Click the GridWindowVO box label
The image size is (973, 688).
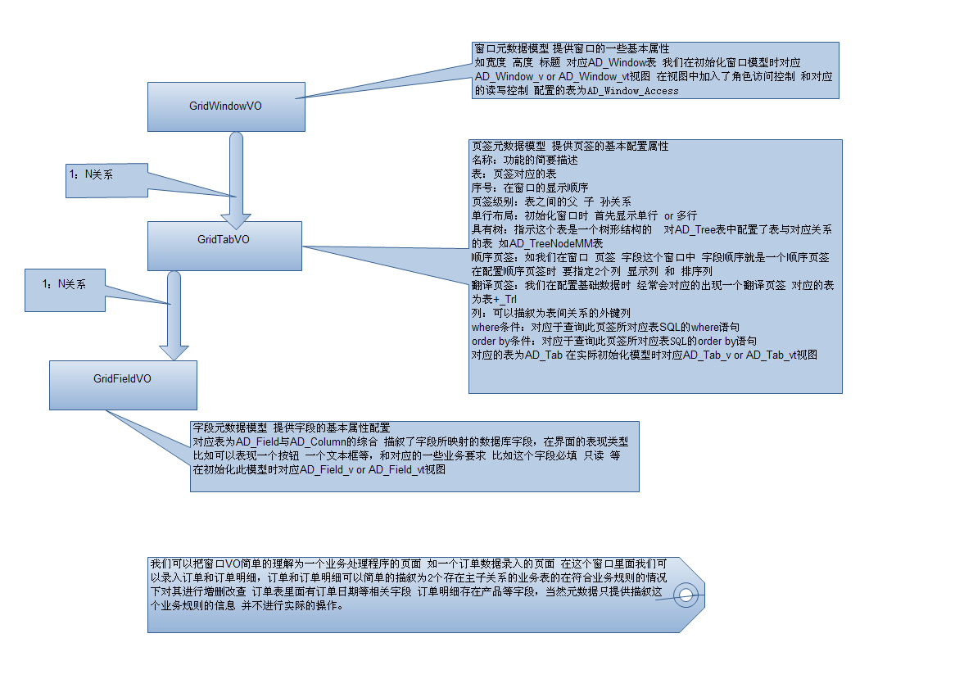click(225, 106)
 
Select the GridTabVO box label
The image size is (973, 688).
click(224, 239)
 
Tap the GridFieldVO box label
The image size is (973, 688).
click(122, 378)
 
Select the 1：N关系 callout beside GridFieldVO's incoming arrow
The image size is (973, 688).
click(64, 284)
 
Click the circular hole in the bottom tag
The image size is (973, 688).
click(686, 595)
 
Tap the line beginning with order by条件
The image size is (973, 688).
click(613, 341)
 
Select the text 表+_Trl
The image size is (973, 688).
click(495, 300)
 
